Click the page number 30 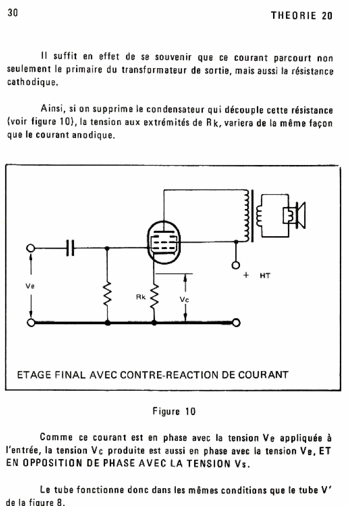pos(13,14)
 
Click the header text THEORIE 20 pos(302,15)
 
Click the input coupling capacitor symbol pos(70,249)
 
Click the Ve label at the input pos(31,286)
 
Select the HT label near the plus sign pos(265,276)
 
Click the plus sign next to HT pos(245,276)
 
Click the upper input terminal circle pos(32,249)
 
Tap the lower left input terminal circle pos(32,323)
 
